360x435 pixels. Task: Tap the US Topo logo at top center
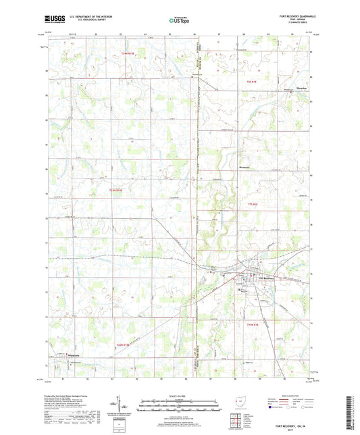[x=179, y=21]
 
